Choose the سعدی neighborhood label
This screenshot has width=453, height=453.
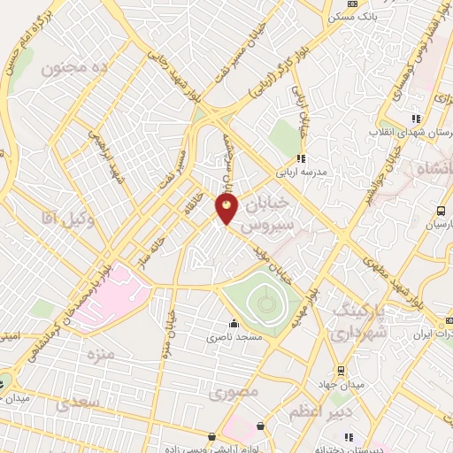point(76,404)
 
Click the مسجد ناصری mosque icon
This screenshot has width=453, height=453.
point(234,323)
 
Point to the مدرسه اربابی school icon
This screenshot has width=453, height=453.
point(301,159)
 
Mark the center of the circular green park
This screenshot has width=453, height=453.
point(265,305)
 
